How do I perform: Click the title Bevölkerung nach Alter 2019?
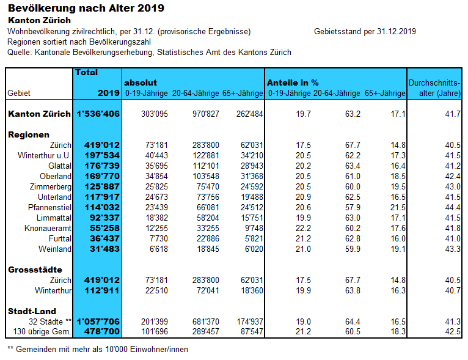(86, 9)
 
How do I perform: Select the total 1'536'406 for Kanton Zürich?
(98, 114)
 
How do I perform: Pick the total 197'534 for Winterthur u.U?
(101, 156)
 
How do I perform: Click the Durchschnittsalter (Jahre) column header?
(434, 87)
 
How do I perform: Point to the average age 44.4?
(452, 207)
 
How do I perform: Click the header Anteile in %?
(293, 83)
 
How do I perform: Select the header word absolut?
(141, 83)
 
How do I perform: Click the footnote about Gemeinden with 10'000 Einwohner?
(98, 350)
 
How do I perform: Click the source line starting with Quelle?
(149, 53)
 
